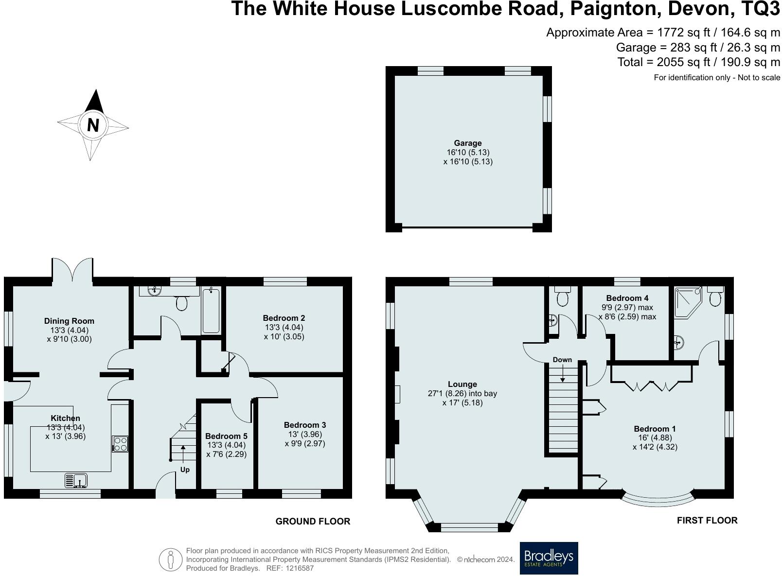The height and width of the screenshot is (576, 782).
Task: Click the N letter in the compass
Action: (x=93, y=125)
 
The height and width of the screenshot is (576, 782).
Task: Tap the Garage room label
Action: (x=468, y=143)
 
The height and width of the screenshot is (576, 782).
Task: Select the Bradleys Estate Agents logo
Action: (x=549, y=558)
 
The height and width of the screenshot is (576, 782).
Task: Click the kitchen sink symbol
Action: (x=76, y=481)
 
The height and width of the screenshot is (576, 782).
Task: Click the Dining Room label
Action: (x=69, y=321)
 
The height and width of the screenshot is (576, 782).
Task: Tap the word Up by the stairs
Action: (x=185, y=470)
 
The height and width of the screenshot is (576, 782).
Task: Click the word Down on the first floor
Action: (x=562, y=360)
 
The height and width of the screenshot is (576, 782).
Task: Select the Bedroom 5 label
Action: (x=226, y=436)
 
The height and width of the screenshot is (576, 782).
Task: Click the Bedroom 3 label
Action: (x=305, y=425)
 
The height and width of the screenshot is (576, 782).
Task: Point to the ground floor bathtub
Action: (x=211, y=310)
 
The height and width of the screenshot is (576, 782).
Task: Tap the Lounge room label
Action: (x=462, y=384)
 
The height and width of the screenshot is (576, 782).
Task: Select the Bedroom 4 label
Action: (x=627, y=298)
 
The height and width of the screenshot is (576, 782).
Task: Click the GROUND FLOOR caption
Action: (x=313, y=521)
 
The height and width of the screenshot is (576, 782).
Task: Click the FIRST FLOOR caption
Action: (x=707, y=520)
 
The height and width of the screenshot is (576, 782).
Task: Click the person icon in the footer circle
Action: (x=171, y=559)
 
